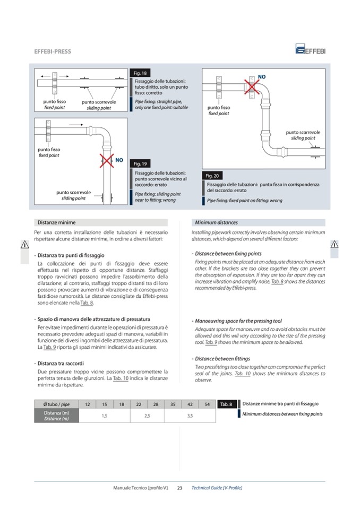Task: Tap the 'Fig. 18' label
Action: (x=141, y=73)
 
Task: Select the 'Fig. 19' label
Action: (x=140, y=164)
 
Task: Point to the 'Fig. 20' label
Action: (x=212, y=176)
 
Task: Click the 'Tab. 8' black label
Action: (x=227, y=404)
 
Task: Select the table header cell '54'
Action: (x=207, y=404)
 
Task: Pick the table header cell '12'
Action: (x=87, y=404)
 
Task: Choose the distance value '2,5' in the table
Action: (x=147, y=416)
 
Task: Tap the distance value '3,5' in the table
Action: (x=190, y=416)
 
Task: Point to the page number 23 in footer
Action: (x=179, y=487)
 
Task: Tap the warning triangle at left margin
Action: (x=24, y=245)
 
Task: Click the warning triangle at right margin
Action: (x=335, y=245)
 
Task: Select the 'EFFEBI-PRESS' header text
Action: (x=53, y=51)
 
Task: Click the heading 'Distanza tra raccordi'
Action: (x=61, y=363)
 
